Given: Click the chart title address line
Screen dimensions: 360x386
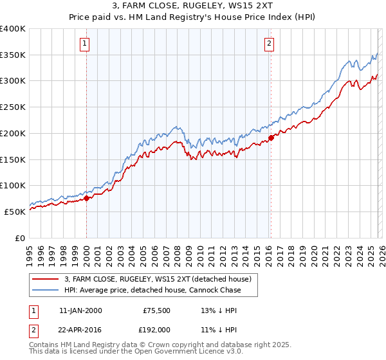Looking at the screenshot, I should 192,6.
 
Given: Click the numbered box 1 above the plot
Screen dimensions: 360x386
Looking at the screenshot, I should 85,44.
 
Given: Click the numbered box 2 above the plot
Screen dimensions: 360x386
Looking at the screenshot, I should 268,44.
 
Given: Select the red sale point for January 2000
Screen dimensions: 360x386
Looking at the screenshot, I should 87,198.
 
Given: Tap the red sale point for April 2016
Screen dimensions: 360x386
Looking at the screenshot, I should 271,137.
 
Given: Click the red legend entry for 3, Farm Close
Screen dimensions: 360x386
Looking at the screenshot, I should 161,279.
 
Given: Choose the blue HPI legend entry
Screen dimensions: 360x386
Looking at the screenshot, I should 152,290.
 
